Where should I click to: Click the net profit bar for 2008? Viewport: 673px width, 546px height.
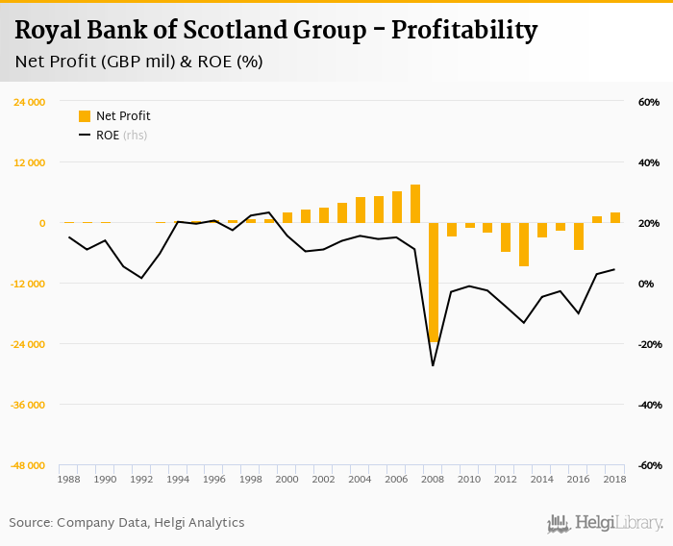click(434, 282)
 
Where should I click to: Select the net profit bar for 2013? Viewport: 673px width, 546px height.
click(524, 244)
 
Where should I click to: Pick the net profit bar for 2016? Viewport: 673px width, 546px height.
click(579, 236)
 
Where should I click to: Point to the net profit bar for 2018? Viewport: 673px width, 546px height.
click(615, 218)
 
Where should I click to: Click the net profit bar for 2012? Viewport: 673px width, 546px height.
click(506, 237)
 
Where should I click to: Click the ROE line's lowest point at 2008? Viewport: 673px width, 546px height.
click(434, 365)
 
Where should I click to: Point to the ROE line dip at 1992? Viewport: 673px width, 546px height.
click(142, 278)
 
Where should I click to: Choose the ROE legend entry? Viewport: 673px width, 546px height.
click(105, 136)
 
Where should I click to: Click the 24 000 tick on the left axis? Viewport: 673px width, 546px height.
click(29, 102)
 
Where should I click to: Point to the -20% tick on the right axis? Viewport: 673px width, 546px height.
click(646, 344)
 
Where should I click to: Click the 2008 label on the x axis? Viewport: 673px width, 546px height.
click(434, 479)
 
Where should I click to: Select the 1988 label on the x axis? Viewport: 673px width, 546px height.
click(69, 479)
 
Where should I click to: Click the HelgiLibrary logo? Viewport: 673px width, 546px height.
click(605, 523)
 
